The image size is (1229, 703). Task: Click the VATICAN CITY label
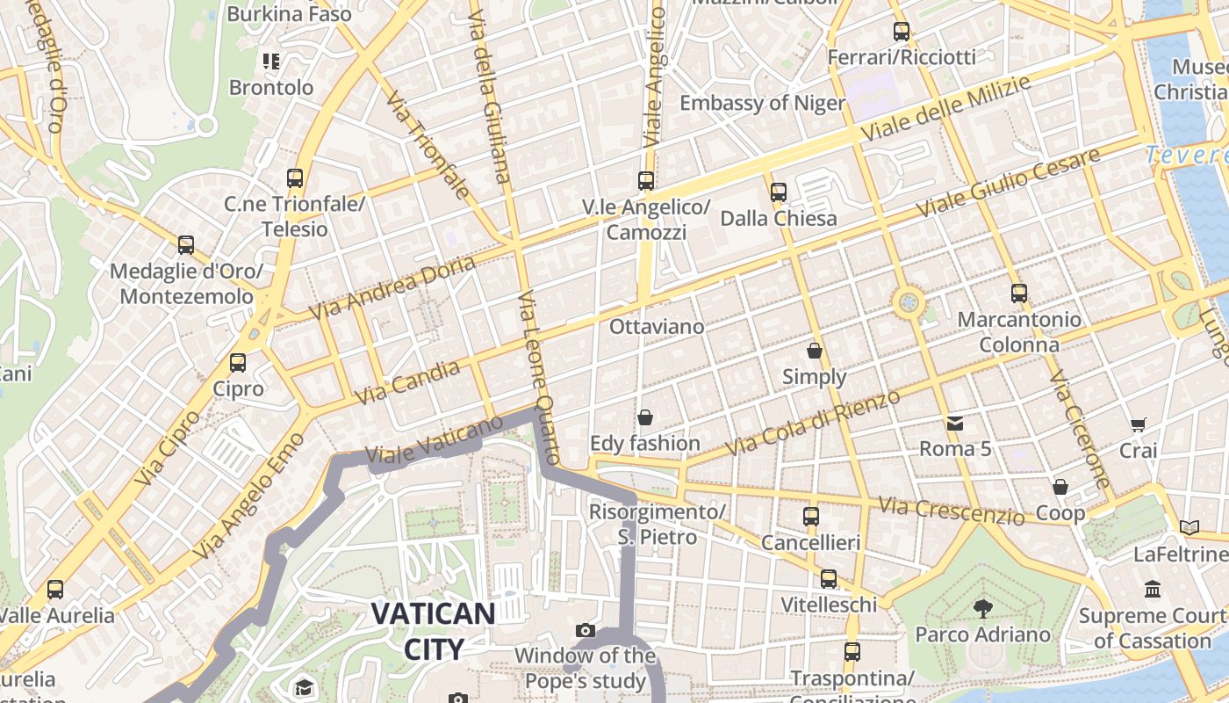coord(433,631)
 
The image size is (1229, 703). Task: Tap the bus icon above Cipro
coord(237,362)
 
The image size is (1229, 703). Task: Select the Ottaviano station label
coord(657,327)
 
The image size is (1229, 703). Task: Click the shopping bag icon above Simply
coord(815,351)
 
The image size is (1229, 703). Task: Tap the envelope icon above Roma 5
coord(955,424)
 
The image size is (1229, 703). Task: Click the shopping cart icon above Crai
coord(1138,425)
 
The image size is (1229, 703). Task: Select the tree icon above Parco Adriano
coord(982,608)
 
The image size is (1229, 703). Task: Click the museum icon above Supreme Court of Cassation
coord(1153,589)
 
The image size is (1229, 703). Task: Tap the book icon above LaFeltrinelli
coord(1189,528)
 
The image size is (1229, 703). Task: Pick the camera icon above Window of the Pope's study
coord(586,630)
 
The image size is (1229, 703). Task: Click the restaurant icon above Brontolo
coord(271,62)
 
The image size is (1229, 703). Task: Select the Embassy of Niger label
coord(763,103)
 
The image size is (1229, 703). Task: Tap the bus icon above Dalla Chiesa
coord(778,192)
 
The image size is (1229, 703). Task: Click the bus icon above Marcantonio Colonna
coord(1018,293)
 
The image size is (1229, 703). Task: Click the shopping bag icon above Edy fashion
coord(645,417)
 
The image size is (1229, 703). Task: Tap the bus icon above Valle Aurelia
coord(55,590)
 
